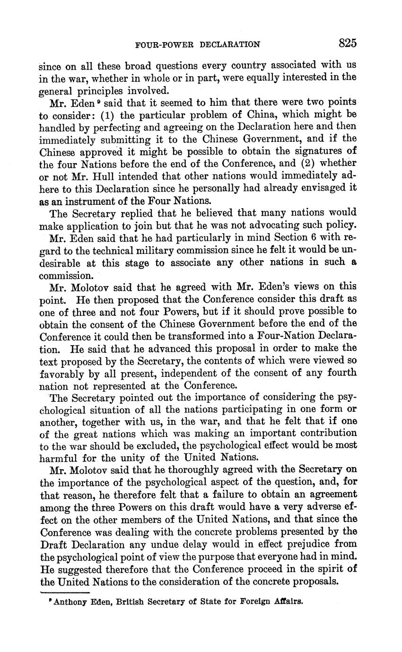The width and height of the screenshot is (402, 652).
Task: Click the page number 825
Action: [x=347, y=43]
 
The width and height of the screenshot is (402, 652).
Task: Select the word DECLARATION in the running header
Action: [x=230, y=45]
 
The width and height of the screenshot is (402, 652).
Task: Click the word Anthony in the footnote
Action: [x=69, y=602]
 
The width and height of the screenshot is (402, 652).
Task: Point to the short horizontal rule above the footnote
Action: [x=65, y=591]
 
